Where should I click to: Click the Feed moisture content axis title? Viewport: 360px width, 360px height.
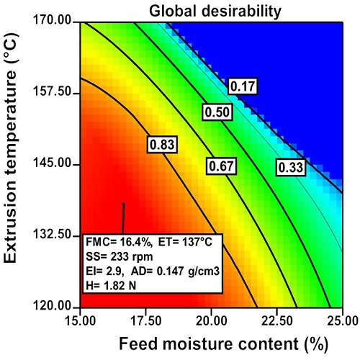[210, 343]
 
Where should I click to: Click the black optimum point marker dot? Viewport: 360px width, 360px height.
[123, 204]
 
